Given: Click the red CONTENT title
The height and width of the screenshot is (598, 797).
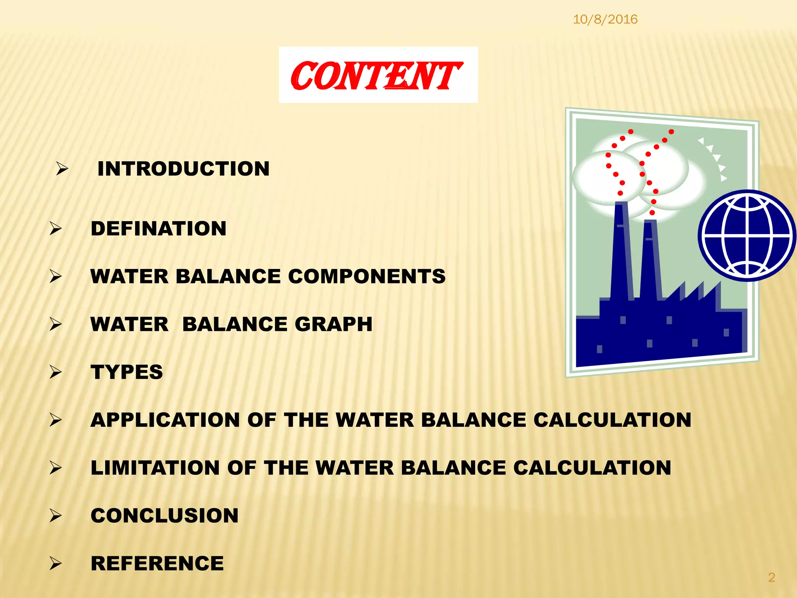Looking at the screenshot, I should [x=377, y=76].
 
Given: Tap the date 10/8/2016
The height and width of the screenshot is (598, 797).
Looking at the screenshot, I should [x=605, y=19].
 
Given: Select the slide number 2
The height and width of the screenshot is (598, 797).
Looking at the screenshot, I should [x=771, y=577].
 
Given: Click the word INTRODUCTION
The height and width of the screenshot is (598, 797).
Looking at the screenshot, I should [x=183, y=169].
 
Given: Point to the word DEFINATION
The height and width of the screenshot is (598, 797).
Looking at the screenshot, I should [x=158, y=229].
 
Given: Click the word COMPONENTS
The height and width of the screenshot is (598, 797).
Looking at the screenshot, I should [x=367, y=276].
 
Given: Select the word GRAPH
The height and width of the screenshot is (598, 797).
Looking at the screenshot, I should [x=334, y=324].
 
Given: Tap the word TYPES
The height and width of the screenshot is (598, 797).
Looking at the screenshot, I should [x=127, y=372].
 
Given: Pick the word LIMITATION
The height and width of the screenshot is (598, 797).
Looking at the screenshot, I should [x=155, y=468].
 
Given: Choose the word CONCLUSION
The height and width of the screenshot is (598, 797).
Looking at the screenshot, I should [x=164, y=515].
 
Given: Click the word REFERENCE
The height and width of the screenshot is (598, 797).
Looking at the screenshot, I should [x=157, y=563].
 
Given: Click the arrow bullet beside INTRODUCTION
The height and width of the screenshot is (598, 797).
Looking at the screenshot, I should [x=62, y=169].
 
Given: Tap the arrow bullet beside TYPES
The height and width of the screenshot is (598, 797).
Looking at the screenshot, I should [x=56, y=372].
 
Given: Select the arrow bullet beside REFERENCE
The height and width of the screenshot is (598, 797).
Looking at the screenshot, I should [x=56, y=563].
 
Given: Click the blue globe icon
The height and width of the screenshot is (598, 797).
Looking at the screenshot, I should [x=747, y=236].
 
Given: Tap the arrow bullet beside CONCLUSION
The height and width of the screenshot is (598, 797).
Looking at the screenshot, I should [x=56, y=515].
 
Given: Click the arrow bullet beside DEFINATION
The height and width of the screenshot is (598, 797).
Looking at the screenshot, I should [x=56, y=229].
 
